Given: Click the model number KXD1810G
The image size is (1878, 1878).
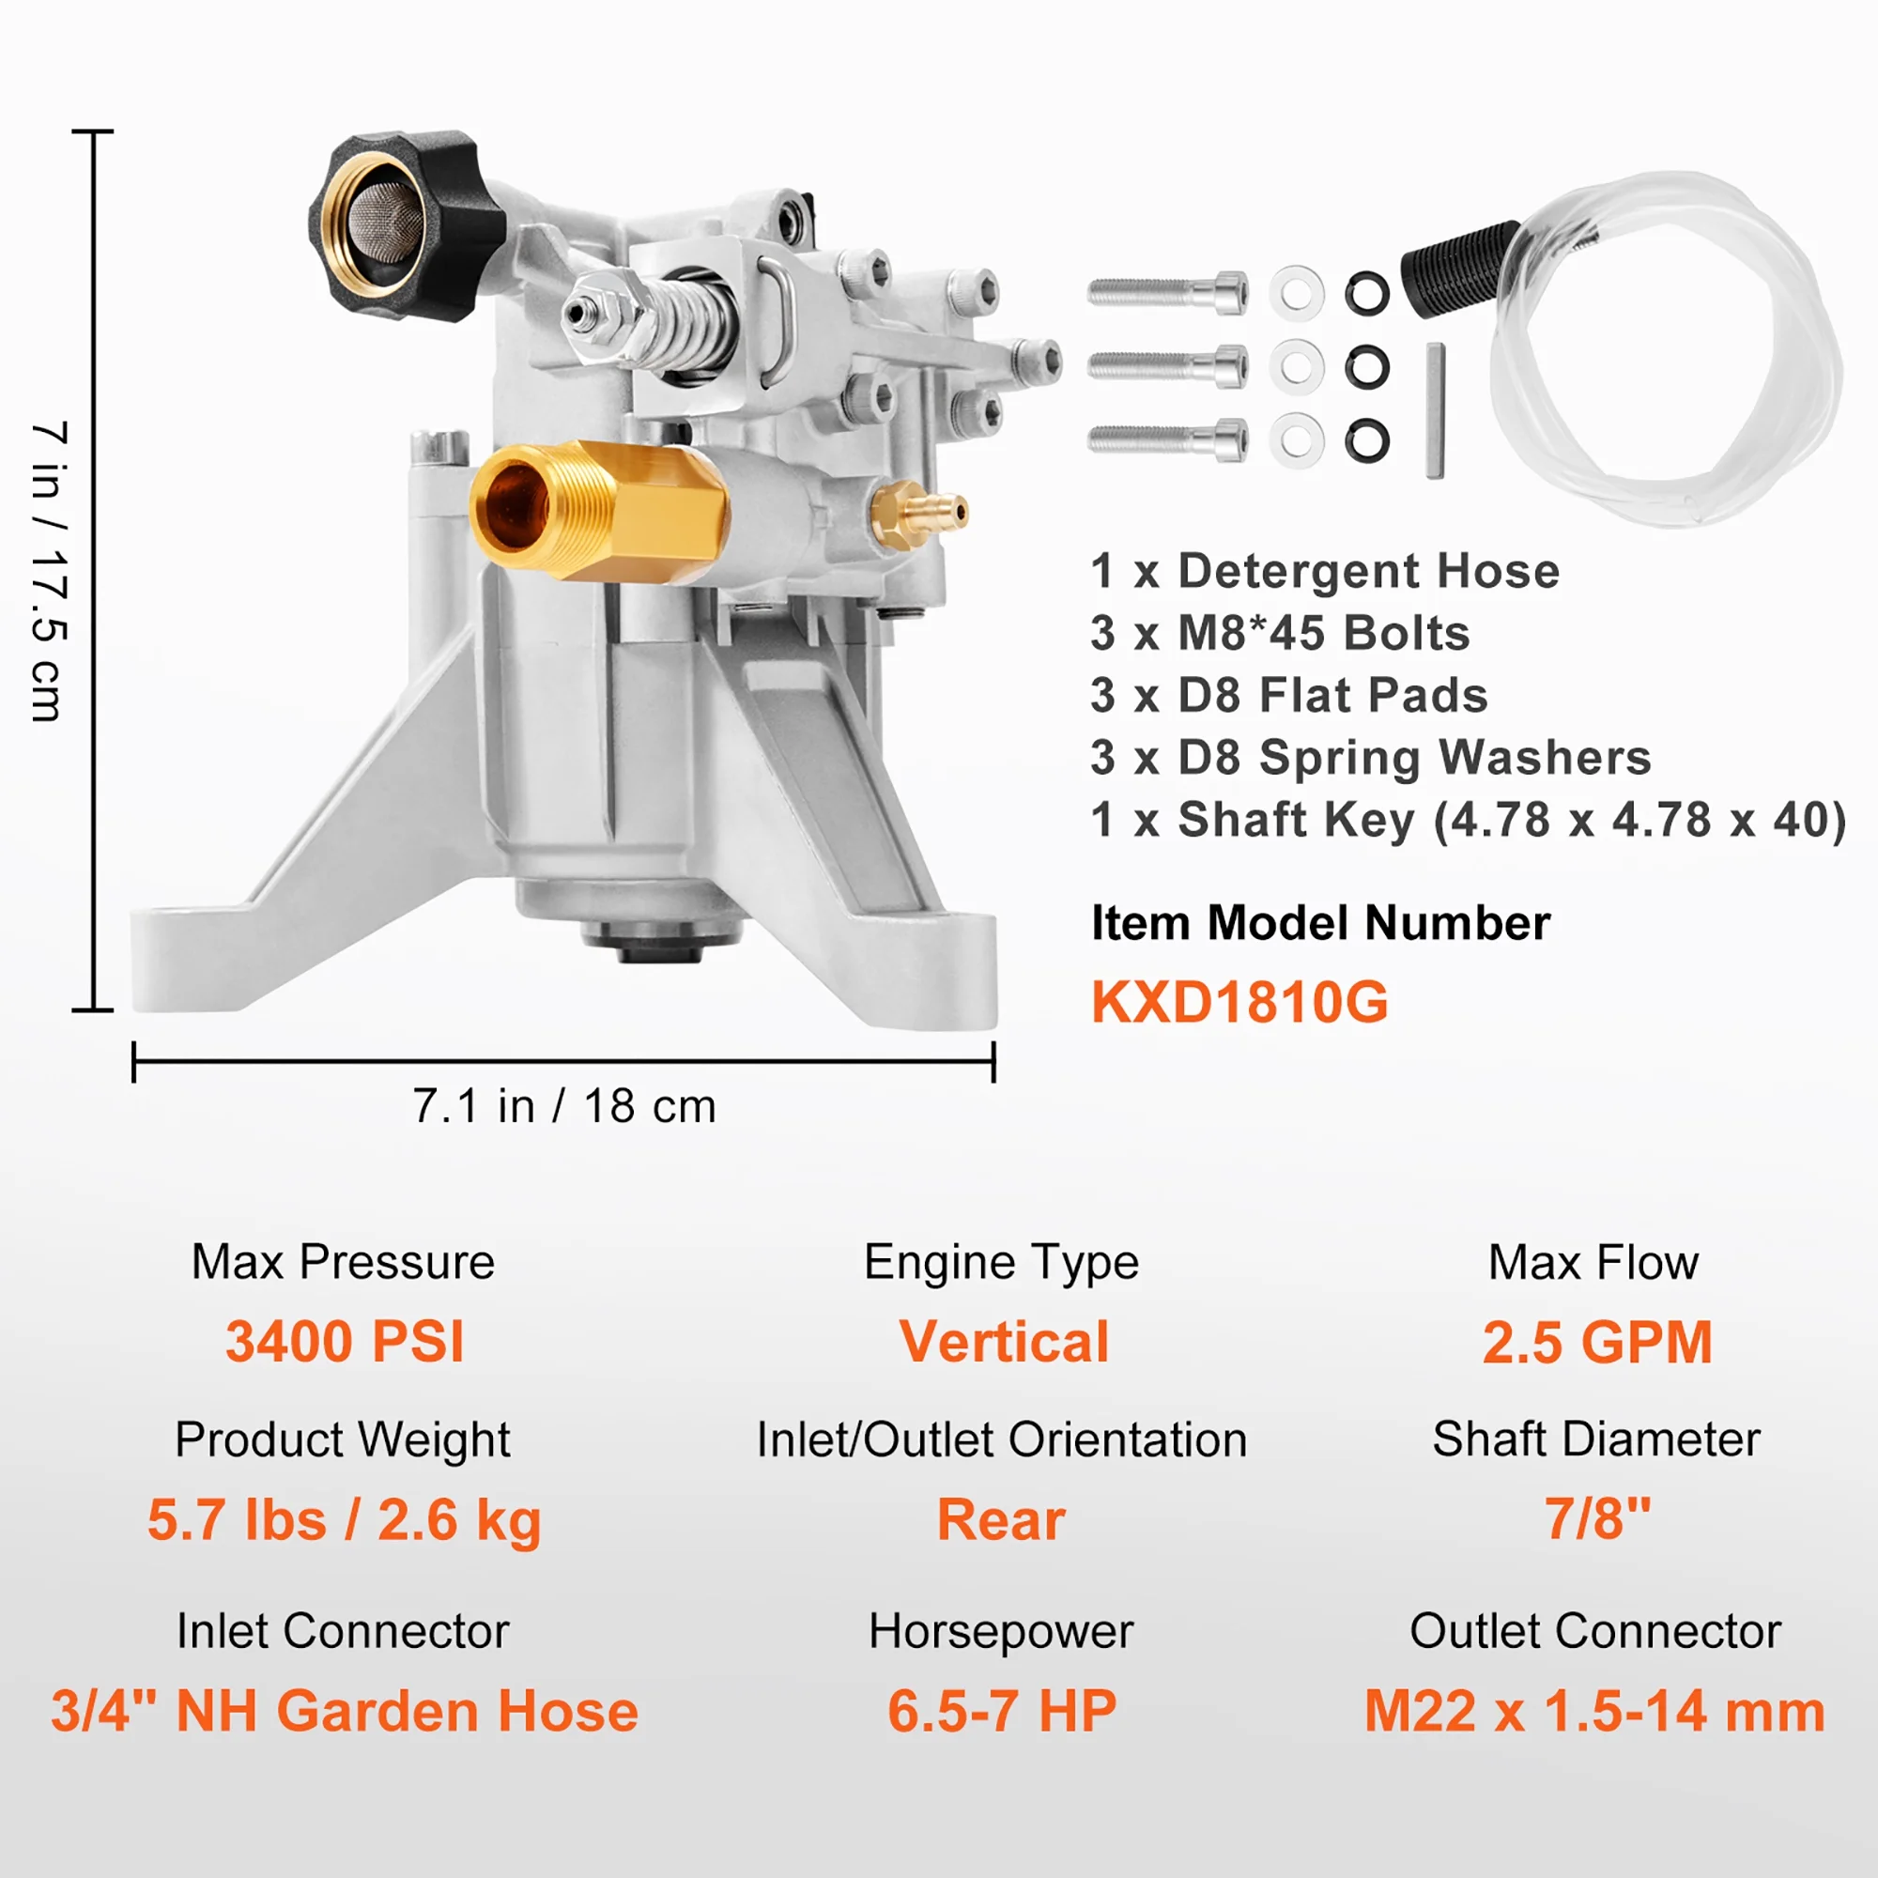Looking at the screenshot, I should pos(1239,1002).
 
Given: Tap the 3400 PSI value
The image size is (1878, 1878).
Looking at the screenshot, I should pos(344,1342).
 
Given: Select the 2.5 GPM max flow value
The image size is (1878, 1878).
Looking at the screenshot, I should pos(1596,1342).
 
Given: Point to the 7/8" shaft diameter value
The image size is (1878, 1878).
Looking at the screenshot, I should pos(1597,1518).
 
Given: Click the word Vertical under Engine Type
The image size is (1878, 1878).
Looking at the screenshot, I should pos(1003,1342).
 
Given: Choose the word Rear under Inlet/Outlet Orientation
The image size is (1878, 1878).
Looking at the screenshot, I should pos(1001,1519).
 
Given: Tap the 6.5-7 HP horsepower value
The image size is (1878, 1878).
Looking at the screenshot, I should pos(1001,1711).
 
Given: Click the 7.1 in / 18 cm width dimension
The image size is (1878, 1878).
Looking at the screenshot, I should pos(563,1106).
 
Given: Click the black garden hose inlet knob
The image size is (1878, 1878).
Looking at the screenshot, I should pos(398,228).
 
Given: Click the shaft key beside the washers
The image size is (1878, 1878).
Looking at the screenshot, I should pos(1436,410).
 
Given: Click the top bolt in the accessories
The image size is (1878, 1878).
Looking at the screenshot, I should pos(1166,292).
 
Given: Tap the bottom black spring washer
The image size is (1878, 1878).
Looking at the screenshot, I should pos(1366,440).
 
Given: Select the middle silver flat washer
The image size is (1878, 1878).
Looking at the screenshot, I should pos(1297,367).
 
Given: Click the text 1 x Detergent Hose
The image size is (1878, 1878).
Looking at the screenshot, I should pos(1324,571).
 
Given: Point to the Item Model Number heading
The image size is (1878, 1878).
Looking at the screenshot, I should pos(1320,922).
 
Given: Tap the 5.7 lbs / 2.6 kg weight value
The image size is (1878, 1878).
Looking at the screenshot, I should pos(344,1519).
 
